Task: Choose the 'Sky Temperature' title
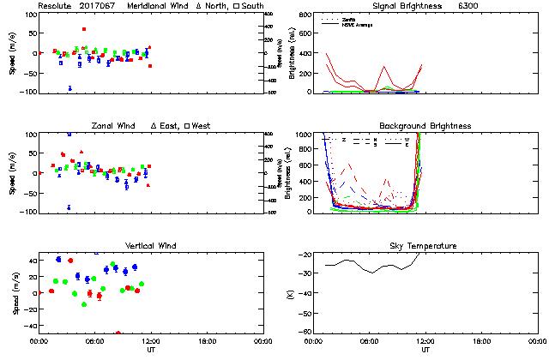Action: tap(425, 246)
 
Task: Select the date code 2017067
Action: tap(100, 6)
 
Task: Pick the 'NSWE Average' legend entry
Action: tap(357, 23)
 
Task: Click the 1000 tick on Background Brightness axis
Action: tap(305, 135)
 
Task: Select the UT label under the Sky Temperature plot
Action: tap(425, 350)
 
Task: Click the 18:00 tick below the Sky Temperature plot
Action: tap(481, 341)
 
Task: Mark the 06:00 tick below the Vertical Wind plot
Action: tap(94, 341)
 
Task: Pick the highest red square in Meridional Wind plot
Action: tap(84, 29)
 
